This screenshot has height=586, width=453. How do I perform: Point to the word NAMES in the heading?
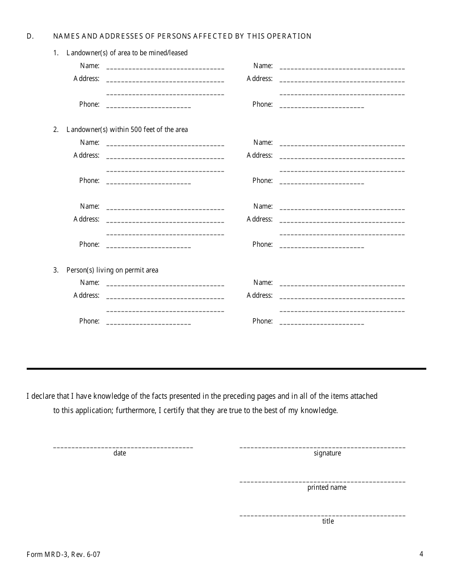65,36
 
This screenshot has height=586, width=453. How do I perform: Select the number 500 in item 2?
137,130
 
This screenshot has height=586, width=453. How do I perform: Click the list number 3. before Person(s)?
56,270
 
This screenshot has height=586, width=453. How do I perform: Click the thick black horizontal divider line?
226,368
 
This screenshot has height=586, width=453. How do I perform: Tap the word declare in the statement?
45,396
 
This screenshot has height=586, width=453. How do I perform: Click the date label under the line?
120,453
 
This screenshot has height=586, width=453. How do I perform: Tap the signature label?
327,453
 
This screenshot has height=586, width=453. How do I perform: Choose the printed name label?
327,487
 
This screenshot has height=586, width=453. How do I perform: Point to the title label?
328,521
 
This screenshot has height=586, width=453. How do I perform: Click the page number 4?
421,554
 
